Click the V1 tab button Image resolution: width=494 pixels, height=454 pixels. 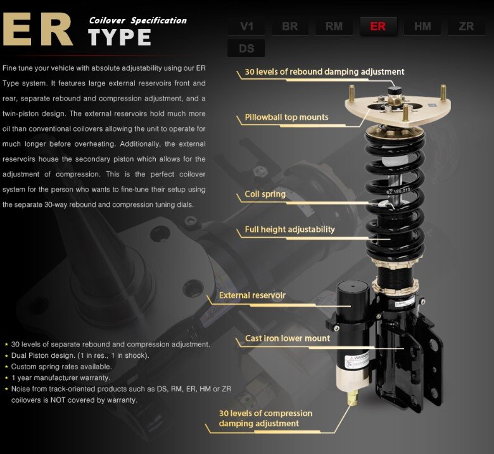246,27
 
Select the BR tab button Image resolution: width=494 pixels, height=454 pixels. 290,27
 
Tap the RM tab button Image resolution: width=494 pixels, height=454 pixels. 334,27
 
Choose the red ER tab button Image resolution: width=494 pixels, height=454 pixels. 378,27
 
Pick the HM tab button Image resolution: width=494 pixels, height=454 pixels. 422,27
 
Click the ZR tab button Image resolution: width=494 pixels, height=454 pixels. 466,27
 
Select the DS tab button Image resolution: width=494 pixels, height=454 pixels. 246,49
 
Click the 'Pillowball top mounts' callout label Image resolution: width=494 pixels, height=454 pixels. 286,117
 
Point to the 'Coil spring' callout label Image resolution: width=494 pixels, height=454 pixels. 265,194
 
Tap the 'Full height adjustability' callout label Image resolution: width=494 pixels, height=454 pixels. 289,230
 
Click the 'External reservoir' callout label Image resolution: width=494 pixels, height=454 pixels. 252,295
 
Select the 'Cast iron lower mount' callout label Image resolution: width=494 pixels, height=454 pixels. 288,338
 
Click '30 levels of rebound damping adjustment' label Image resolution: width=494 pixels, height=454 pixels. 324,72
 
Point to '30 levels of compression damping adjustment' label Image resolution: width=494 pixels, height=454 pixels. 265,418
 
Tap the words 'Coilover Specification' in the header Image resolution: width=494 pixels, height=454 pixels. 137,20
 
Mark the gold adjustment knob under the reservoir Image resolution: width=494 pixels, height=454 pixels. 353,396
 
